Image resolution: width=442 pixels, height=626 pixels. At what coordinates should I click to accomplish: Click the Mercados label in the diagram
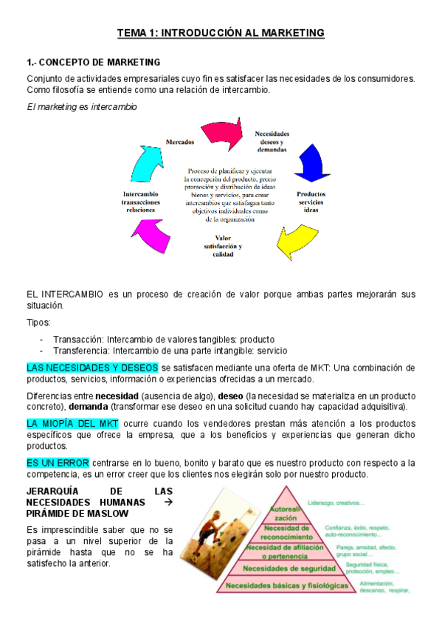(x=179, y=141)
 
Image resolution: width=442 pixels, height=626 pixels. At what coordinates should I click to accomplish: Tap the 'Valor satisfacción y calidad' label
(x=224, y=247)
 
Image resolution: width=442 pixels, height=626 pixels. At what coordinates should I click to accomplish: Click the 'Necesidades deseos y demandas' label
(x=272, y=141)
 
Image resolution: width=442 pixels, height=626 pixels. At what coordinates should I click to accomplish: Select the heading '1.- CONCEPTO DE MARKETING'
(x=94, y=62)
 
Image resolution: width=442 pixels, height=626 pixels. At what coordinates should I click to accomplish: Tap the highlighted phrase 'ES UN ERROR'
(x=58, y=462)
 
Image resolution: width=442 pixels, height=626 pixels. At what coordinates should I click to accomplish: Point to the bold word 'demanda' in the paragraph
(x=88, y=407)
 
